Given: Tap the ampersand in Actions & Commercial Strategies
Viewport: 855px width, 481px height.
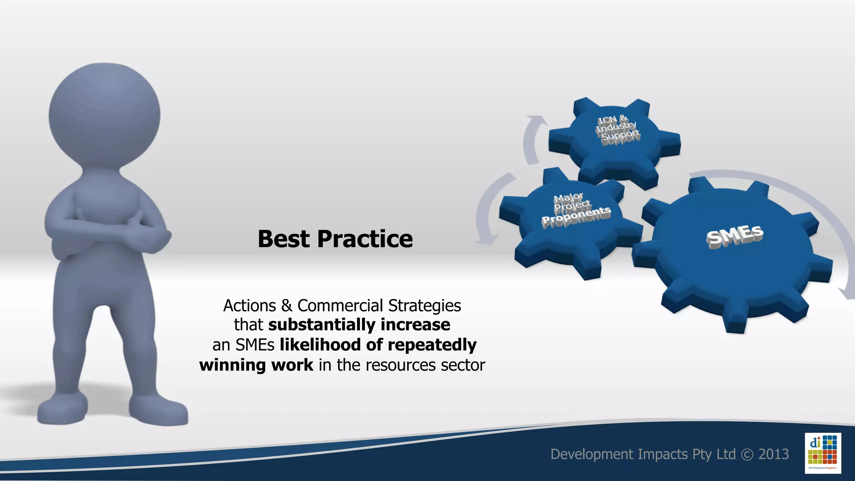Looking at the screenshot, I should (286, 306).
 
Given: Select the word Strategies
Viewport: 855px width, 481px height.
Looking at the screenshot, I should (424, 306).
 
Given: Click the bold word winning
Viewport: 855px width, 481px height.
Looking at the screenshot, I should (232, 365).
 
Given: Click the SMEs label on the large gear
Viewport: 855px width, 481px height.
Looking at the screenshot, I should (735, 236).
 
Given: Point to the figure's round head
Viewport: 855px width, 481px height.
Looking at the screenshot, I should (104, 115).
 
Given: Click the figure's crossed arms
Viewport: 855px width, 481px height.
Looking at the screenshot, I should (109, 228).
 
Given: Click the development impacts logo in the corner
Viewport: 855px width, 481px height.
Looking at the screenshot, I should (822, 453).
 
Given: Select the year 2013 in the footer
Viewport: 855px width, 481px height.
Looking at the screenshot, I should (773, 454).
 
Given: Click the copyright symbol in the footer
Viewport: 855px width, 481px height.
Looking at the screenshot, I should (747, 454).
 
